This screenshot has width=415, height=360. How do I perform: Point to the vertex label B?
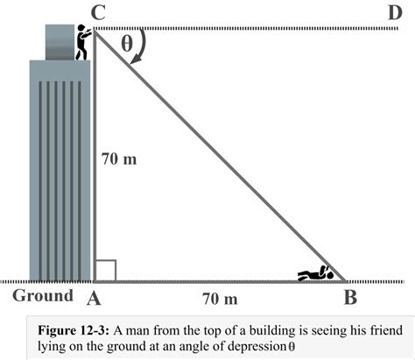tap(349, 297)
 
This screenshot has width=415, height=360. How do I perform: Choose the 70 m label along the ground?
tap(219, 299)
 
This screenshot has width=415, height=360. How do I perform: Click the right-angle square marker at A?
tap(104, 270)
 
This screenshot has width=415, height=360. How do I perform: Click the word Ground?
tap(42, 295)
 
